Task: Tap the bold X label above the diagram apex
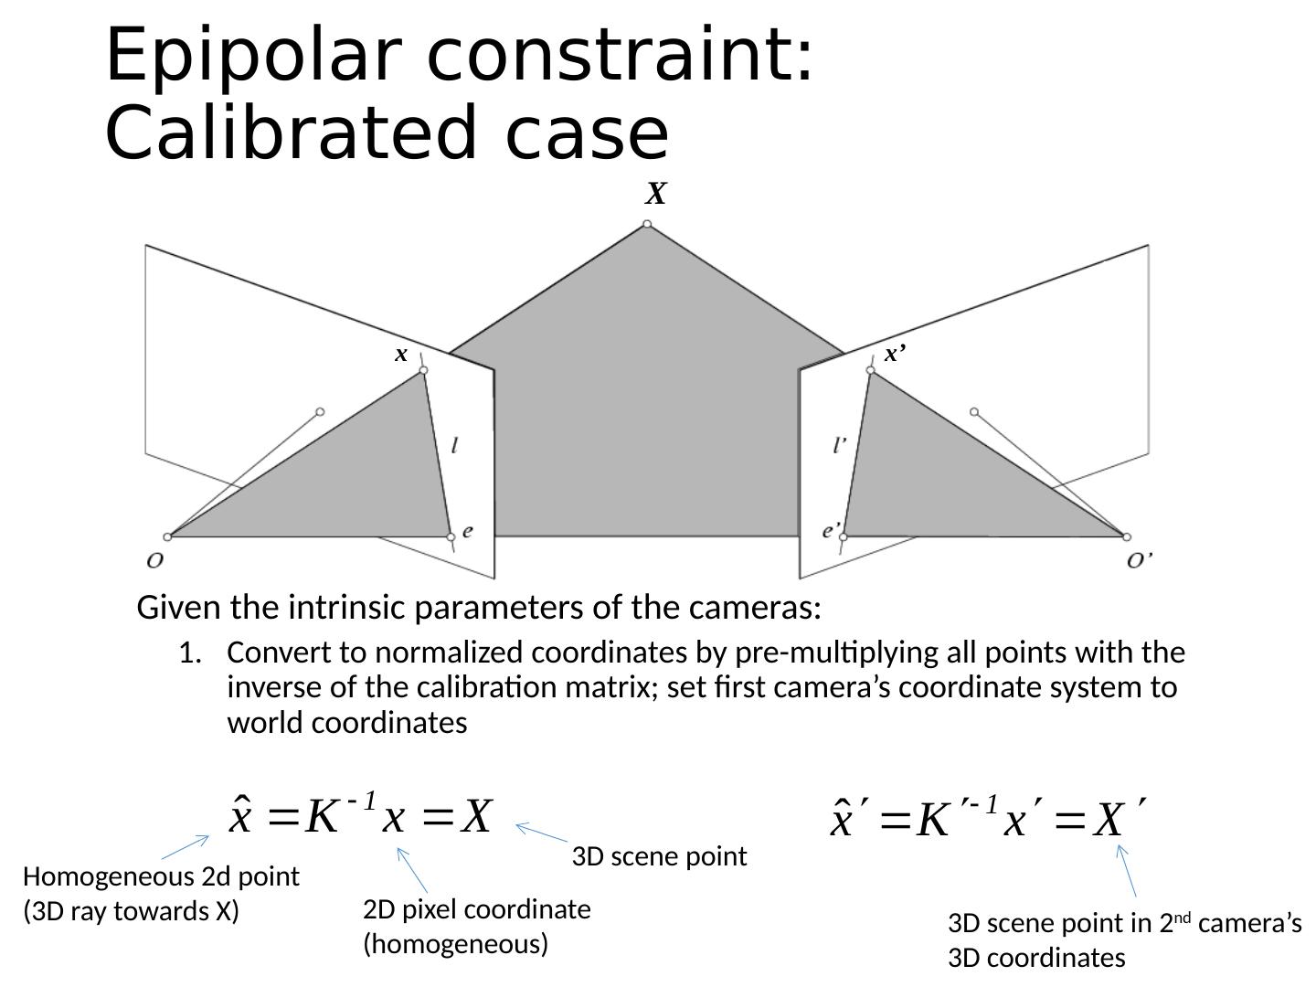click(656, 194)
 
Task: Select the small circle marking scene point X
click(647, 224)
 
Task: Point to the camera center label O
click(155, 559)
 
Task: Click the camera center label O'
click(1139, 560)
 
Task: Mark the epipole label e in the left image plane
click(468, 530)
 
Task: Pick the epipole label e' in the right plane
click(832, 529)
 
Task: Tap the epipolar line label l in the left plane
click(455, 446)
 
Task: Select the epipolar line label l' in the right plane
click(840, 445)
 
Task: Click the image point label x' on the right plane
click(895, 354)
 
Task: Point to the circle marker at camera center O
click(167, 536)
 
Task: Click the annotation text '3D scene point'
click(659, 857)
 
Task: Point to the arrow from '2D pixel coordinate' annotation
click(412, 870)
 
